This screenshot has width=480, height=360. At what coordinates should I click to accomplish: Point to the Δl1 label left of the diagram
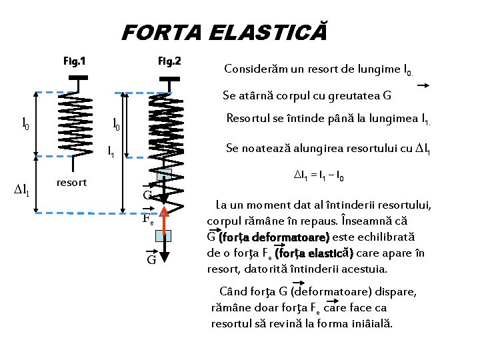[x=21, y=193]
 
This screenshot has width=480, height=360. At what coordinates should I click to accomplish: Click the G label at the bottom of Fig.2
[x=151, y=259]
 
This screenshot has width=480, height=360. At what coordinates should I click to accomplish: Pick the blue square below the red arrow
[x=163, y=235]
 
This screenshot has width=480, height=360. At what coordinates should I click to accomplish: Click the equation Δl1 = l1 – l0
[x=319, y=177]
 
